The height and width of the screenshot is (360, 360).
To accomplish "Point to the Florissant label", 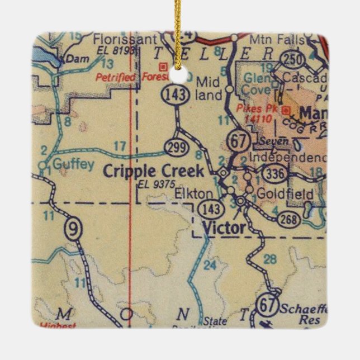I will click(117, 40).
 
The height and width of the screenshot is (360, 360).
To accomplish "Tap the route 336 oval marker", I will click(278, 174).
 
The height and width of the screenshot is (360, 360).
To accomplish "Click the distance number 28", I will click(270, 258).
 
